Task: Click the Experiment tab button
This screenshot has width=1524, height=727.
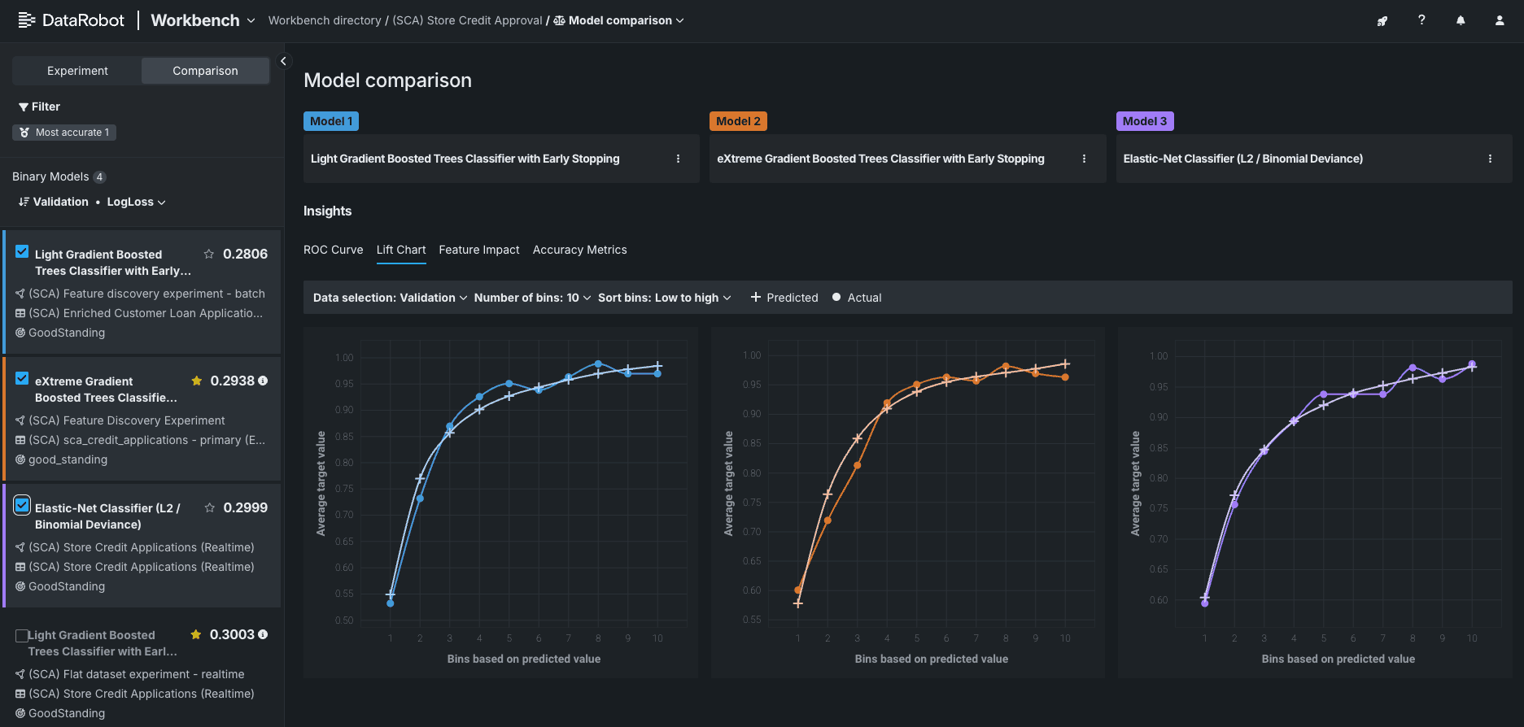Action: [77, 71]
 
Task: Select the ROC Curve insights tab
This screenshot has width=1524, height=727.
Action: [333, 250]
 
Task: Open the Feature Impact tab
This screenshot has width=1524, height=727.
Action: [478, 250]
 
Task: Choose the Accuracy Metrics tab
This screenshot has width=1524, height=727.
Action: [579, 250]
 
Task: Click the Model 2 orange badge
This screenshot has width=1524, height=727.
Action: [738, 121]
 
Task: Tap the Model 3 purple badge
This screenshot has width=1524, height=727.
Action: [1144, 121]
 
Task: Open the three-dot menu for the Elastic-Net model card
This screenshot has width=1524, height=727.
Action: [1490, 159]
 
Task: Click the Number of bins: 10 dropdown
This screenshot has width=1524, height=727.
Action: [532, 298]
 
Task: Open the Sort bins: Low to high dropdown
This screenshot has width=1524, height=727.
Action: [664, 298]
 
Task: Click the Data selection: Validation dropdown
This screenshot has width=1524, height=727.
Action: [390, 298]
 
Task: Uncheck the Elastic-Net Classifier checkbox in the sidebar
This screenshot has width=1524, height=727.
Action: [22, 505]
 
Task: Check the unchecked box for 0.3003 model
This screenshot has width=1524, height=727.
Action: [22, 635]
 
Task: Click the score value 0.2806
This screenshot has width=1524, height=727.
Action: [245, 254]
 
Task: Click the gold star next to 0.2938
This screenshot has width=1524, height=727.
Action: [196, 381]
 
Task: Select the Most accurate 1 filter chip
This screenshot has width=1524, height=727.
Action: [64, 133]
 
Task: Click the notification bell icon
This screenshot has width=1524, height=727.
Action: [1461, 20]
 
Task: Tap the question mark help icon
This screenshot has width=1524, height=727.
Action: [1421, 20]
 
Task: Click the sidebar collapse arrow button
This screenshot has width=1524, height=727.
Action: [283, 61]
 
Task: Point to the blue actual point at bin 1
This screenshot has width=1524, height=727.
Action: [391, 603]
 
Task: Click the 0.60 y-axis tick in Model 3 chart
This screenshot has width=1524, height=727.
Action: [1159, 600]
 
